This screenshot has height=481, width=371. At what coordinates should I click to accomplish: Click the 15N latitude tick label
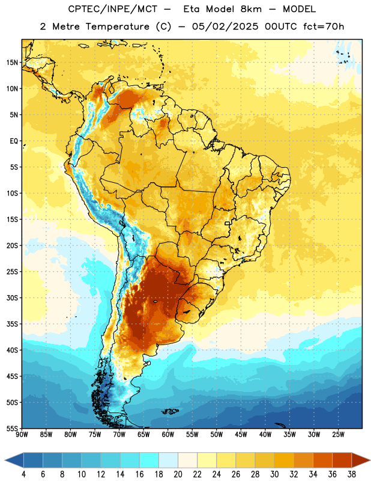12,63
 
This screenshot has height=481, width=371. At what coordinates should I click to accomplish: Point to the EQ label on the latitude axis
14,141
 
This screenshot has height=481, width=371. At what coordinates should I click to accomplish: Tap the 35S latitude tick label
12,324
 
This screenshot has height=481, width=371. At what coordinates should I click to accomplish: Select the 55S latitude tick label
12,428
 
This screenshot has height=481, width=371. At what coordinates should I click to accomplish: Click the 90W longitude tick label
22,435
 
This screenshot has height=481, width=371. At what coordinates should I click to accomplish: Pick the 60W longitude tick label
167,435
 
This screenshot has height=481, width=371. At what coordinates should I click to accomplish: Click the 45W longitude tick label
241,435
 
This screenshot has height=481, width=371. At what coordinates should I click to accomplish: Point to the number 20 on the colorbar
178,474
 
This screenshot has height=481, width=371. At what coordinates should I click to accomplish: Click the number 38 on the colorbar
352,474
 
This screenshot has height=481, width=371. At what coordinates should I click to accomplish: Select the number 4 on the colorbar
23,474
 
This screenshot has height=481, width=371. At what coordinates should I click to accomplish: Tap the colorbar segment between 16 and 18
149,460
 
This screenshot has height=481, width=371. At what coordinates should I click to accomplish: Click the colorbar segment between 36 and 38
342,460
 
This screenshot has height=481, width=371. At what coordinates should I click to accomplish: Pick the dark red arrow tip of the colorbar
361,460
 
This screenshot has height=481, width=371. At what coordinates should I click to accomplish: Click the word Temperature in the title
117,26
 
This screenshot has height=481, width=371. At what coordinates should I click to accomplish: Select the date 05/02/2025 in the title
225,26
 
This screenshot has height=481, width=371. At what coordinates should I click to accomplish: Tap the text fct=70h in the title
324,26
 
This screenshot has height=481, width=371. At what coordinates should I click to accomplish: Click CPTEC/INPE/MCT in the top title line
112,9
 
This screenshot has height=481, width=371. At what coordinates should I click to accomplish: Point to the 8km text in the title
251,9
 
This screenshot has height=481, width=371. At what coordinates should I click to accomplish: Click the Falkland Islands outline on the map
170,411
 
